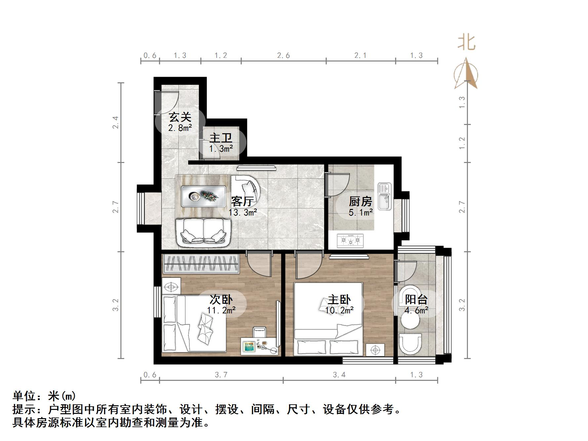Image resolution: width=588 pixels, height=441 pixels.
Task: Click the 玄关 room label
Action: pyautogui.click(x=180, y=117)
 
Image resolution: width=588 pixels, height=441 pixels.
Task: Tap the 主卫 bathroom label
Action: pyautogui.click(x=221, y=138)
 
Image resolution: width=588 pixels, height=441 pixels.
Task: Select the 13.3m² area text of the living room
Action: pyautogui.click(x=242, y=213)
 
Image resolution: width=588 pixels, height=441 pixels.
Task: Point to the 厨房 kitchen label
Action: pyautogui.click(x=360, y=201)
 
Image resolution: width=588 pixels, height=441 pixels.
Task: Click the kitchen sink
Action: pyautogui.click(x=384, y=196)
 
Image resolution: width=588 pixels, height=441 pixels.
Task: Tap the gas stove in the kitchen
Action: pyautogui.click(x=350, y=241)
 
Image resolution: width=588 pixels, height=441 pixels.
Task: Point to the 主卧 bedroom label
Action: pyautogui.click(x=339, y=300)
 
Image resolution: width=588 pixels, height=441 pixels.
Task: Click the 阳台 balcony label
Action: pyautogui.click(x=416, y=300)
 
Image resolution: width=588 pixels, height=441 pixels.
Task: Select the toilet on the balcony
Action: pyautogui.click(x=410, y=344)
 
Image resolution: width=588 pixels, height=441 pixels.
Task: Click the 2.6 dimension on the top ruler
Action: pyautogui.click(x=283, y=56)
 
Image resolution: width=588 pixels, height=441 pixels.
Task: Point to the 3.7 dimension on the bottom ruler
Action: pyautogui.click(x=221, y=375)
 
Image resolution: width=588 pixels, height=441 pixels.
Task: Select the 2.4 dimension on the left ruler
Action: pyautogui.click(x=115, y=123)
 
